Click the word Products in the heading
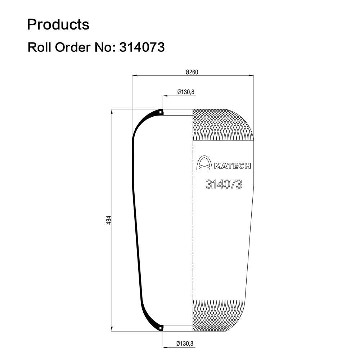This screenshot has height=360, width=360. tap(58, 24)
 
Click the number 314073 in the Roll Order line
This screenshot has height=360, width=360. tap(142, 47)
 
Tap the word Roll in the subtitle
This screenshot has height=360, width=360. tap(39, 47)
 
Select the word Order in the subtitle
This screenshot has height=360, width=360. tap(73, 47)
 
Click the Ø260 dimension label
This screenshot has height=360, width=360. tap(192, 72)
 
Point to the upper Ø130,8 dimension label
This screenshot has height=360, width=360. tap(186, 92)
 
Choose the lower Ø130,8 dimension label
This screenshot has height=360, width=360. tap(185, 343)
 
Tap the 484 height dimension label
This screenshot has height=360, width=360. tap(109, 220)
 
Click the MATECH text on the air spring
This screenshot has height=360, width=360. tap(232, 166)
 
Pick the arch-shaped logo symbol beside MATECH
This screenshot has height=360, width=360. tap(204, 163)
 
